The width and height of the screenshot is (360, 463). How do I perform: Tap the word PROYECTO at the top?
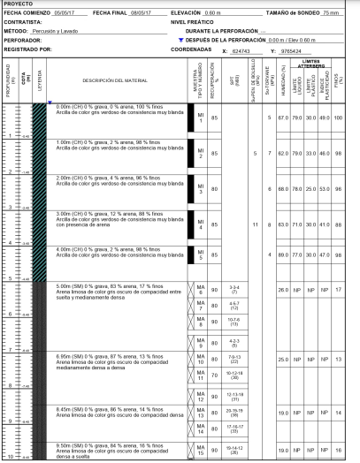tap(19, 4)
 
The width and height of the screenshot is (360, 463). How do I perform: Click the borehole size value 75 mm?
tap(331, 14)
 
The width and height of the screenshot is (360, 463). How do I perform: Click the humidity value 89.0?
tap(283, 254)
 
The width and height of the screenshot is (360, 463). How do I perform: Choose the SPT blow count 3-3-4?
tap(234, 290)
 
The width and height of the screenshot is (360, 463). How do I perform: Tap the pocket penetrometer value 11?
tap(255, 224)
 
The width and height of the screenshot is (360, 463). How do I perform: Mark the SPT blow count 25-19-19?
tap(234, 412)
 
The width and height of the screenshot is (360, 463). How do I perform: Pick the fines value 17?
tap(341, 290)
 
